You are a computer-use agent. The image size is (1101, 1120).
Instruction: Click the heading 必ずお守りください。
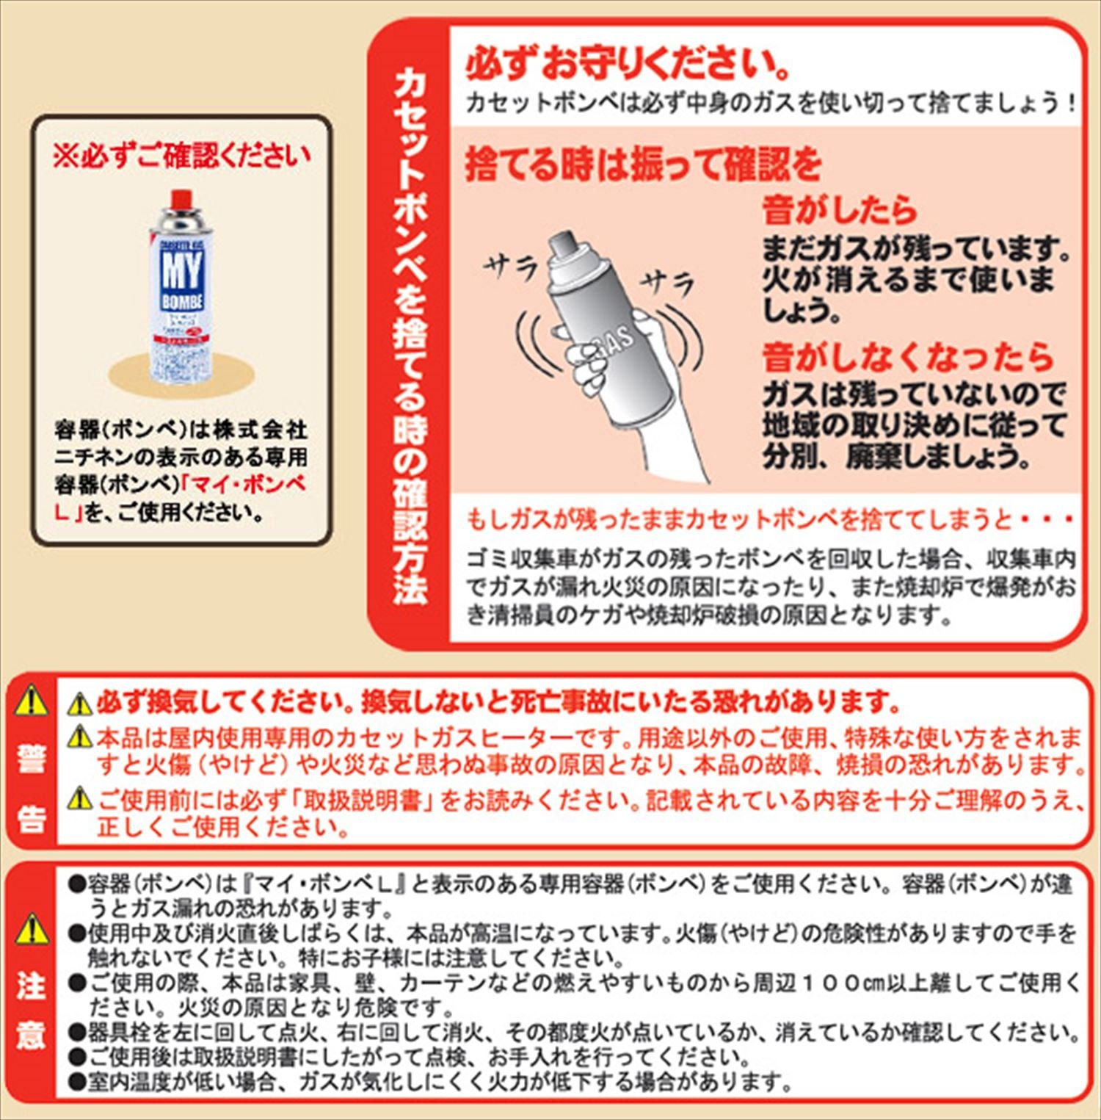tap(628, 64)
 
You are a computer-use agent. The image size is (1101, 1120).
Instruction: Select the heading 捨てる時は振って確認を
tap(643, 163)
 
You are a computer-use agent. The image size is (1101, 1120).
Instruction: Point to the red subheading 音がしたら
tap(840, 210)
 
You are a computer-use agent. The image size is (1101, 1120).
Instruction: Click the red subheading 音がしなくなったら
tap(908, 357)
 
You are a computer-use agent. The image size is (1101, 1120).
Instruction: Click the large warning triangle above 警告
tap(31, 701)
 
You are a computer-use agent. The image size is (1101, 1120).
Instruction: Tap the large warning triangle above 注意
tap(31, 931)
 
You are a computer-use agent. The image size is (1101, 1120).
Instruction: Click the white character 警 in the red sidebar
tap(31, 760)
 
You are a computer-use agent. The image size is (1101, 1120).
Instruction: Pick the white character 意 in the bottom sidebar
tap(31, 1036)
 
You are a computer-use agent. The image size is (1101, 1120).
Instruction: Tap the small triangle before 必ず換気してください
tap(79, 705)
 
